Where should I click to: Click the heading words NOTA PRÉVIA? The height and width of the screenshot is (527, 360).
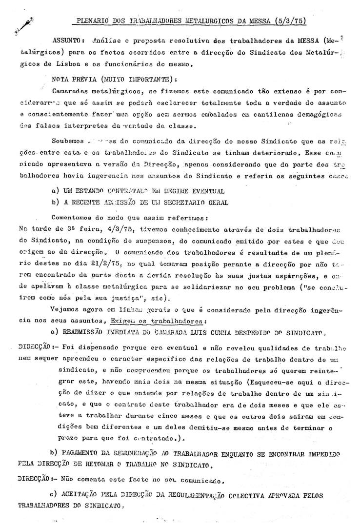click(74, 78)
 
